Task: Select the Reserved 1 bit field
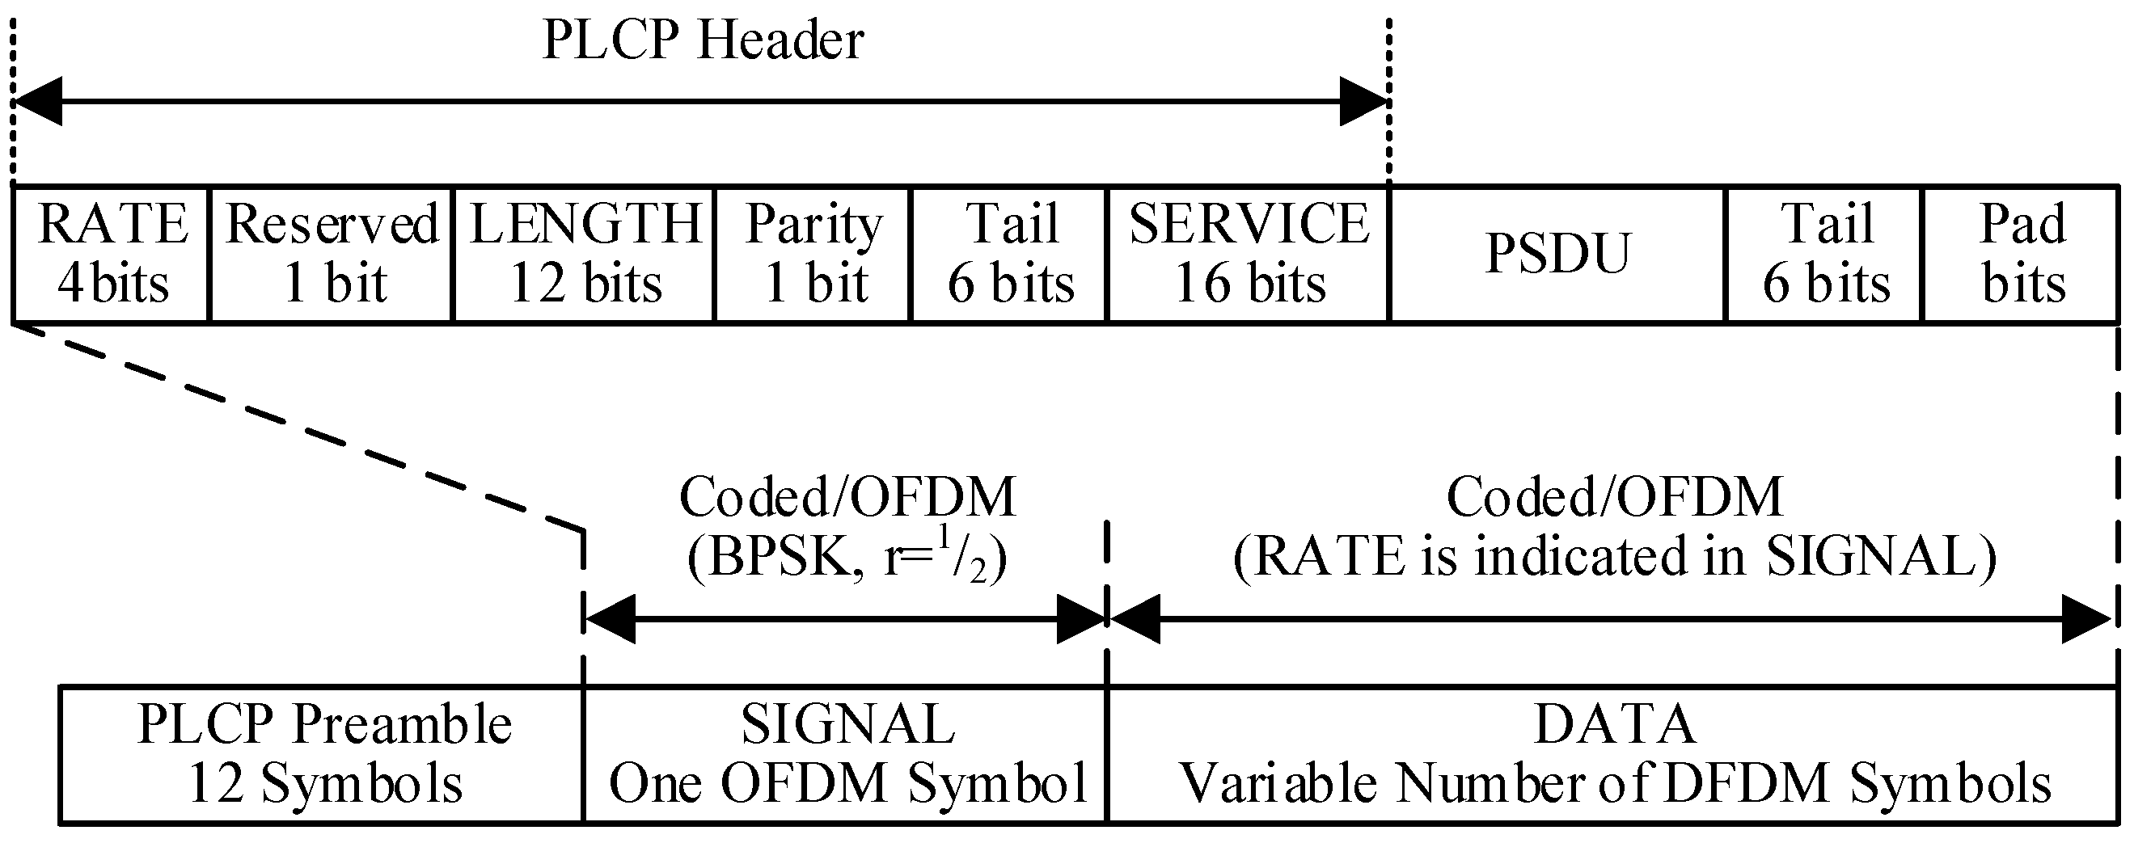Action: (x=332, y=255)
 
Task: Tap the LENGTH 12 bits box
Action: (x=584, y=255)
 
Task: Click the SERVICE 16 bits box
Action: (x=1249, y=255)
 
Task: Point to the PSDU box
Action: (x=1557, y=255)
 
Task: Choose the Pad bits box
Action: (x=2022, y=255)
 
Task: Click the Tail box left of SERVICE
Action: (x=1010, y=255)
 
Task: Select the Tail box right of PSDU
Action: (x=1825, y=255)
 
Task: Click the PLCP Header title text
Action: (x=703, y=40)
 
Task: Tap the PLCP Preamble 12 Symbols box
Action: (x=323, y=753)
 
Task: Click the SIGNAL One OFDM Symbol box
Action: (x=847, y=753)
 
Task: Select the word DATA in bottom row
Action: (x=1615, y=724)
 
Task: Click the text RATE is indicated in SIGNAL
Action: (x=1615, y=557)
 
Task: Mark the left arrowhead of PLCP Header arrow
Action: (x=37, y=102)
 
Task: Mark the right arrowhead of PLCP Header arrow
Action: (x=1363, y=102)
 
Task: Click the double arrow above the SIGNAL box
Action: (x=847, y=618)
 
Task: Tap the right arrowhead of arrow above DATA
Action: (x=2085, y=618)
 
